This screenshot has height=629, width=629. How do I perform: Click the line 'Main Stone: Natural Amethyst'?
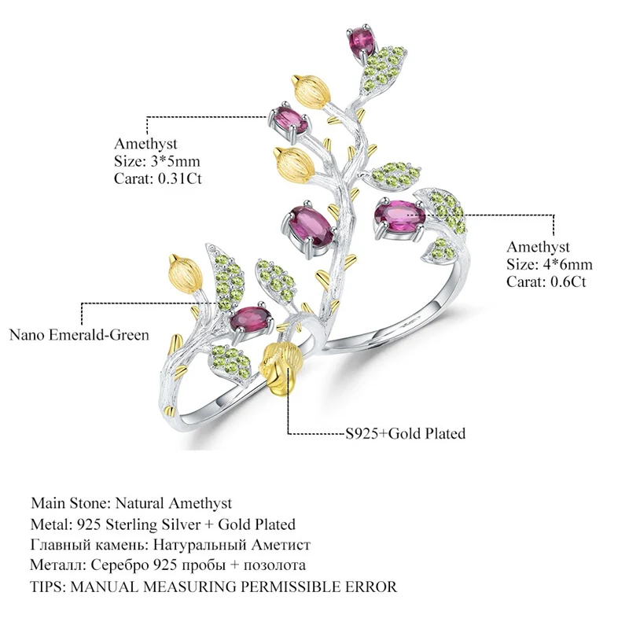[x=132, y=502]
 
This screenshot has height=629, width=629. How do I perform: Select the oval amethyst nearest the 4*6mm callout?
[x=401, y=215]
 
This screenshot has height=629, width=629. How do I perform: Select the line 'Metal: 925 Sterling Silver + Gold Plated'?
[x=164, y=524]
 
